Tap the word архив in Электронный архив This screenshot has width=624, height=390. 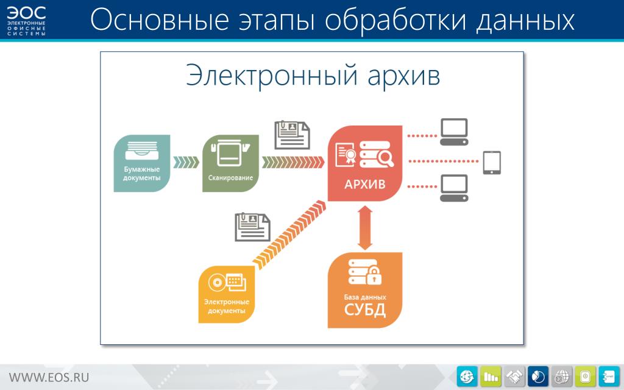tap(403, 76)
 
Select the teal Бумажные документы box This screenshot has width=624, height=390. tap(142, 163)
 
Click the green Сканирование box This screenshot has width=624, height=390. tap(230, 163)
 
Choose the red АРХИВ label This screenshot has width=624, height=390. tap(365, 184)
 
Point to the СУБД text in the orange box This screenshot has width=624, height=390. tap(365, 310)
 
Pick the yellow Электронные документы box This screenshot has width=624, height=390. tap(227, 294)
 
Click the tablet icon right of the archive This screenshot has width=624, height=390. tap(492, 162)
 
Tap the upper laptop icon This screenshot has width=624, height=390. tap(454, 132)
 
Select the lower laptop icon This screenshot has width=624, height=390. tap(454, 188)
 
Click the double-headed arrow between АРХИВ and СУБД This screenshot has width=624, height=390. tap(365, 228)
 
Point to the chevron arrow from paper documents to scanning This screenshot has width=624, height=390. tap(186, 162)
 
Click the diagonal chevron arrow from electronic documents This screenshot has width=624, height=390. tap(289, 235)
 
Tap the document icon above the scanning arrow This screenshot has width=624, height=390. tap(292, 135)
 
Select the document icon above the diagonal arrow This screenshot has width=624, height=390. tap(252, 227)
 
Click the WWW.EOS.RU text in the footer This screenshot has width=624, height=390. tap(49, 377)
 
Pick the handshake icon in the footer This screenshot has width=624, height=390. tap(514, 376)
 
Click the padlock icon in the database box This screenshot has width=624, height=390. tap(374, 276)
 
